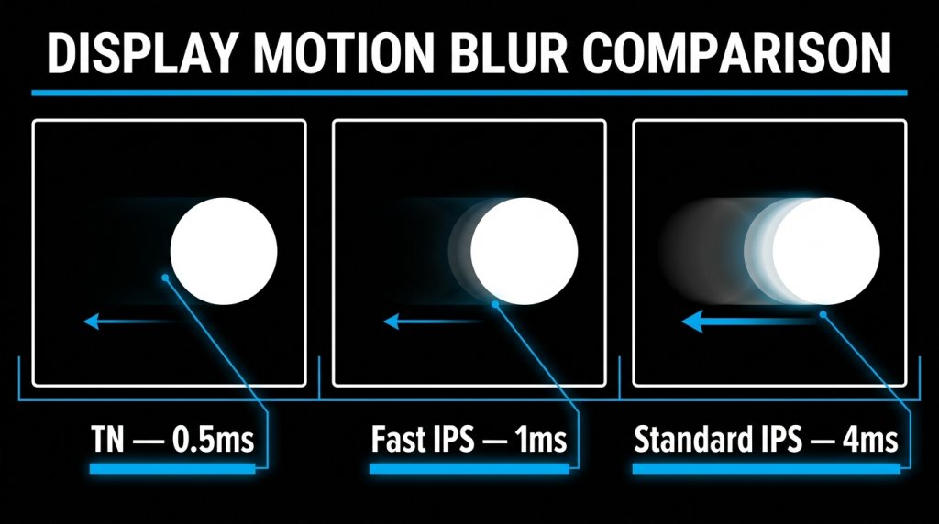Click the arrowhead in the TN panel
(x=90, y=321)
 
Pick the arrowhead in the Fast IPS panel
(x=391, y=321)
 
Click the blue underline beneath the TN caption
(x=171, y=469)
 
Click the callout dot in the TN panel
(x=164, y=277)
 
